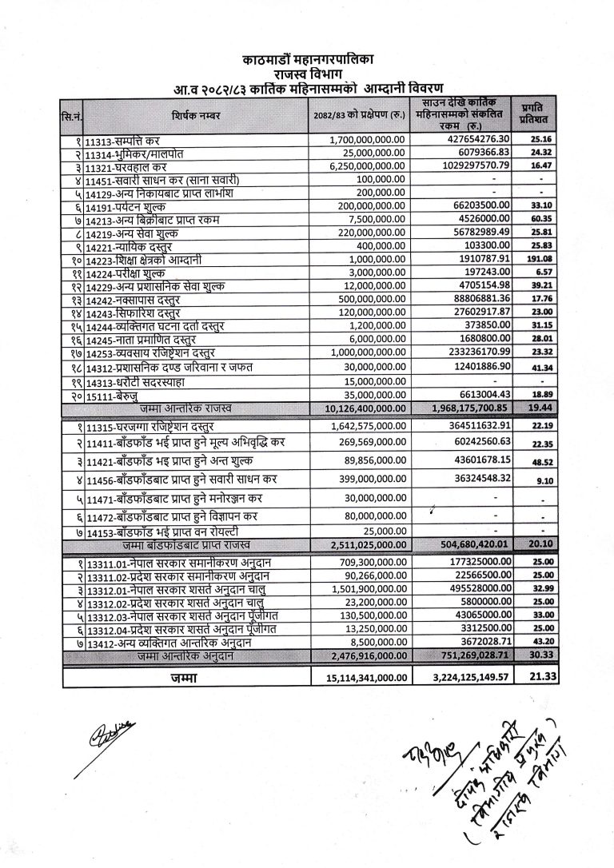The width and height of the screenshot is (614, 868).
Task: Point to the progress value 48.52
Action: pyautogui.click(x=528, y=462)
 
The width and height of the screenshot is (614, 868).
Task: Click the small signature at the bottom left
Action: pyautogui.click(x=110, y=733)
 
